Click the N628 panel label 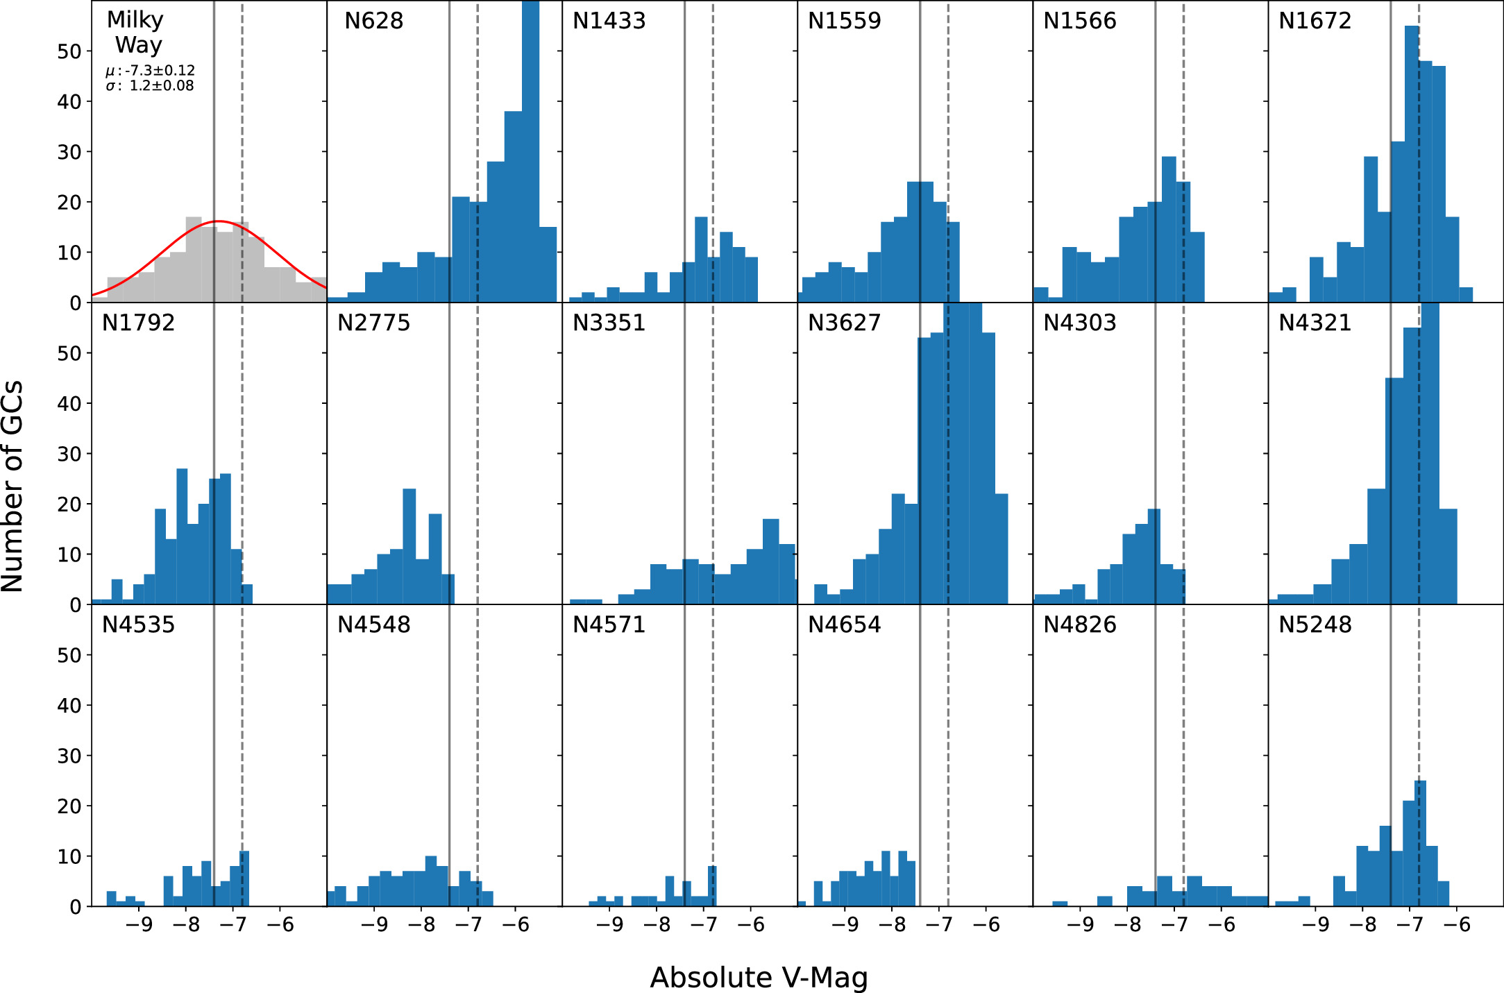(x=373, y=21)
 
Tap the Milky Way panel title (x=136, y=32)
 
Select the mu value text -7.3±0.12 (x=160, y=71)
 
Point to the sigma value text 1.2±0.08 (x=161, y=86)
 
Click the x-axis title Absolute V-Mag (x=759, y=977)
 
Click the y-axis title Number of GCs (x=12, y=486)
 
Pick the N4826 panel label (x=1079, y=625)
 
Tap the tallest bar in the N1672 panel (x=1412, y=167)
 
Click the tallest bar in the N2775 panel (x=409, y=548)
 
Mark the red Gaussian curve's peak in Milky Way (x=218, y=221)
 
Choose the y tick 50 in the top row (x=69, y=51)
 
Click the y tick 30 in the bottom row (x=69, y=756)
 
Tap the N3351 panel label (x=609, y=323)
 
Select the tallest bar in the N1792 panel (x=182, y=538)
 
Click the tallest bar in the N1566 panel (x=1169, y=229)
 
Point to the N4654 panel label (x=844, y=625)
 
